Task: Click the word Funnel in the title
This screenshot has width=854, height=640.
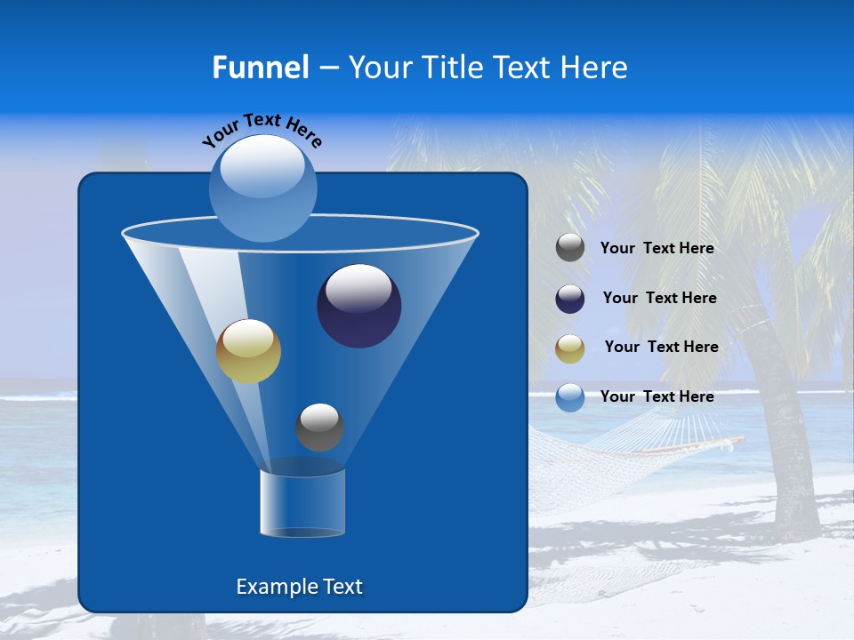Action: (260, 68)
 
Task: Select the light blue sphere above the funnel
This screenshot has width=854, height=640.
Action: (263, 188)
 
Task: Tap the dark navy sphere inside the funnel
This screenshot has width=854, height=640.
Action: (359, 306)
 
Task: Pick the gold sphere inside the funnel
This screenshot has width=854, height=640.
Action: (248, 351)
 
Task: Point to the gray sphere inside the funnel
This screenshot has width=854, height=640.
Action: (319, 427)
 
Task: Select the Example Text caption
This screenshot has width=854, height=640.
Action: (299, 587)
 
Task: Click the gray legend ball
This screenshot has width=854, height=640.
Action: (570, 248)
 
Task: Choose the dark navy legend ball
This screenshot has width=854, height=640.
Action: (570, 299)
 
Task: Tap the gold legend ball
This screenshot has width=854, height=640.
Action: (570, 348)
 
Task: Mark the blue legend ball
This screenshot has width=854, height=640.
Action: (570, 397)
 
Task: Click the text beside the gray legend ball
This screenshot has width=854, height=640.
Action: (657, 249)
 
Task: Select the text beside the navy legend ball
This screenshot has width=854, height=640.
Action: (659, 299)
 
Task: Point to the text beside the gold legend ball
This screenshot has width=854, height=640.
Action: (661, 348)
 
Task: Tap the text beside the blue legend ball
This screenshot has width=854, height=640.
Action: (657, 396)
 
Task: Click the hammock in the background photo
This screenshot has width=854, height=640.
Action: (623, 444)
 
